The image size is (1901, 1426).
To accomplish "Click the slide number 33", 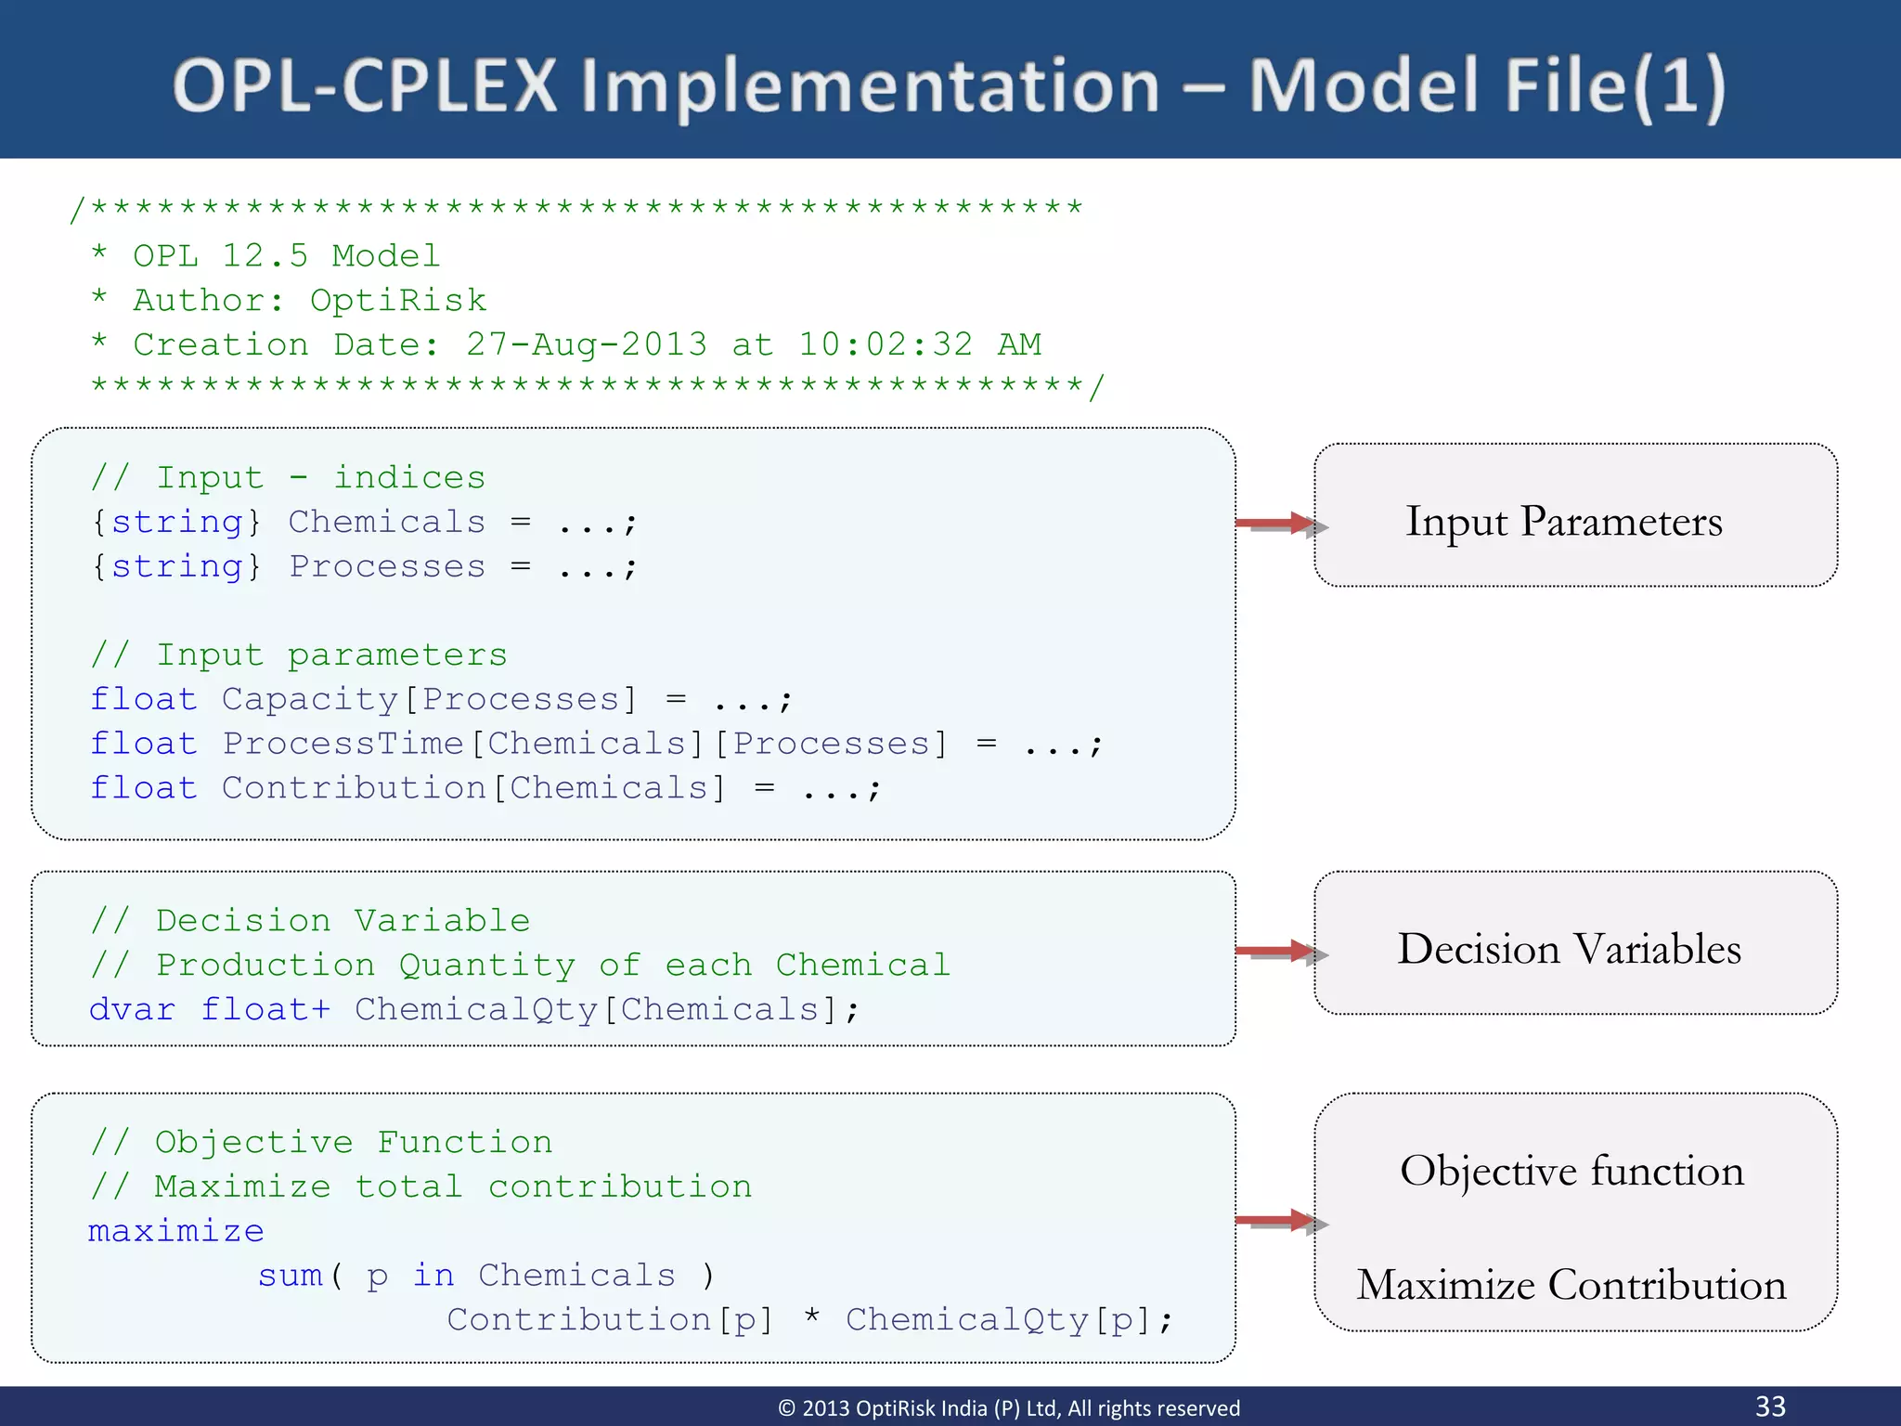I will pyautogui.click(x=1770, y=1406).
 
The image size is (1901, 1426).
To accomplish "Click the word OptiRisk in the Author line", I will pyautogui.click(x=398, y=300).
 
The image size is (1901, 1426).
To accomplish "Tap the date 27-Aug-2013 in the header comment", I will pyautogui.click(x=587, y=344).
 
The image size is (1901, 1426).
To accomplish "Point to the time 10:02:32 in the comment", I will pyautogui.click(x=886, y=344).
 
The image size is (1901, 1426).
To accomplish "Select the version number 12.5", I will pyautogui.click(x=265, y=255).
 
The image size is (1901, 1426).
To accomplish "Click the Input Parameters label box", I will pyautogui.click(x=1574, y=516).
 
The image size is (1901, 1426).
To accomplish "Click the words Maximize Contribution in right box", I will pyautogui.click(x=1571, y=1285).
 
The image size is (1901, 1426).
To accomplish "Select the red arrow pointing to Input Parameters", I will pyautogui.click(x=1279, y=525).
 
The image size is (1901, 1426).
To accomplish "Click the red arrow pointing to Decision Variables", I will pyautogui.click(x=1279, y=952).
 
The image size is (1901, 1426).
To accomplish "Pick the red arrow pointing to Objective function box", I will pyautogui.click(x=1279, y=1221).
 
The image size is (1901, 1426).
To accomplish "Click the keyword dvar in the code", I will pyautogui.click(x=132, y=1009).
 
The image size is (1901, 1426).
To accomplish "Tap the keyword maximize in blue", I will pyautogui.click(x=176, y=1231).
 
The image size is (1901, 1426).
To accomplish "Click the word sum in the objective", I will pyautogui.click(x=291, y=1276).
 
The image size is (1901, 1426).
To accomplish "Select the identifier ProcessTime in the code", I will pyautogui.click(x=343, y=744).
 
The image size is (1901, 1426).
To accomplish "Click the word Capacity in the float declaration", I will pyautogui.click(x=310, y=699).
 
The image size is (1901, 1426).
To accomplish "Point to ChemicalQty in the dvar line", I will pyautogui.click(x=476, y=1009).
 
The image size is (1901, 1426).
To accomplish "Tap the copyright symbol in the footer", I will pyautogui.click(x=786, y=1408).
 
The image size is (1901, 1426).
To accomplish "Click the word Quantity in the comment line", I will pyautogui.click(x=487, y=966).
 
